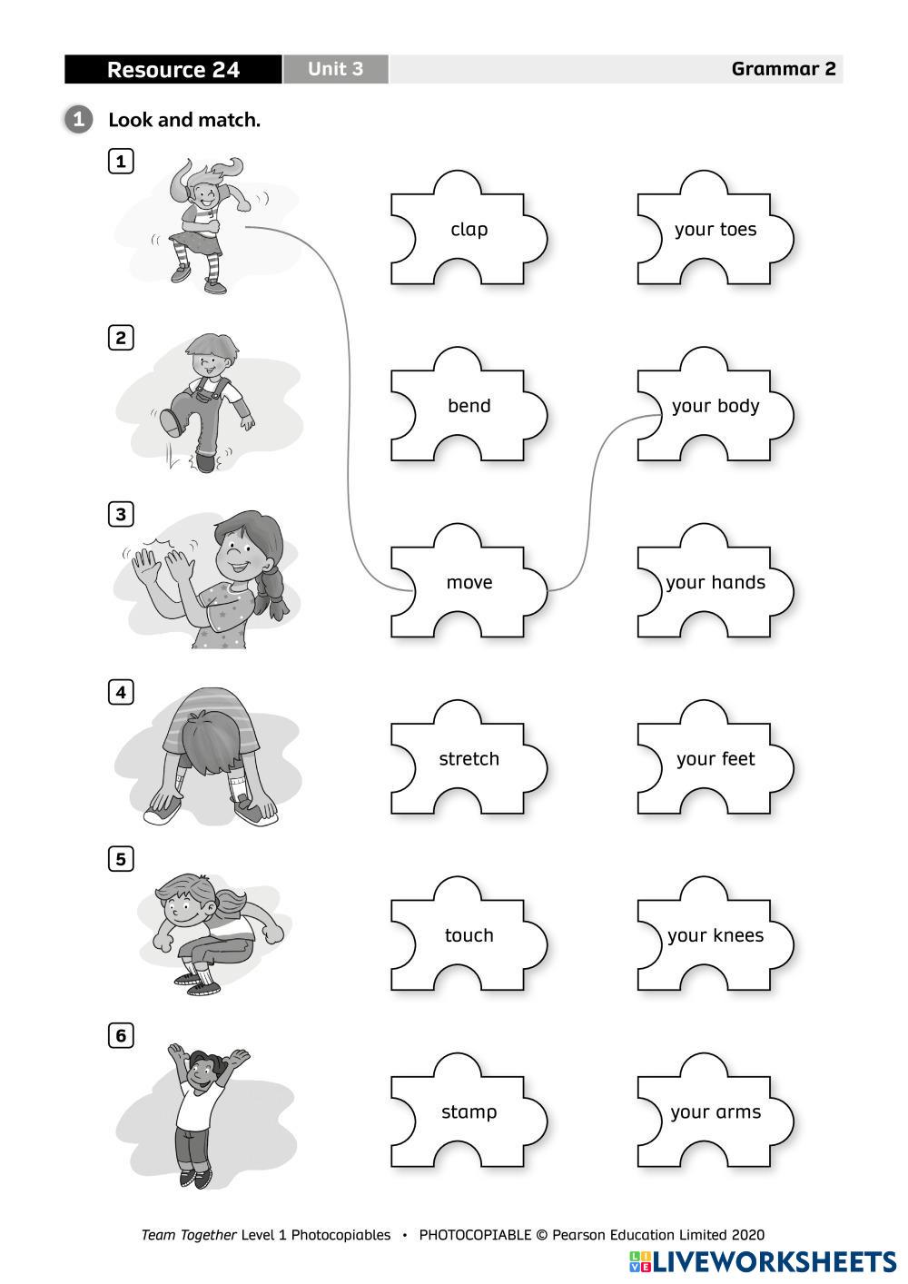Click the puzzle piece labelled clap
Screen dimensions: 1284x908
click(x=469, y=230)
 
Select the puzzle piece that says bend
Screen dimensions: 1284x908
click(x=469, y=406)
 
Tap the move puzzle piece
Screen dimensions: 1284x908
click(x=469, y=582)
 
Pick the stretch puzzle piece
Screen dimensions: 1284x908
click(x=469, y=759)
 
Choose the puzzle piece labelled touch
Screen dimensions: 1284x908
click(x=469, y=935)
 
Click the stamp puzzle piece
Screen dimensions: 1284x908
click(x=469, y=1111)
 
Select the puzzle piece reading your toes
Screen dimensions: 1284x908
click(x=715, y=230)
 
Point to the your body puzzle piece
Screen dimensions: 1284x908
click(x=715, y=406)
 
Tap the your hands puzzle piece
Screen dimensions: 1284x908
click(x=715, y=582)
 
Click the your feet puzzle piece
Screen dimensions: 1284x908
click(x=715, y=759)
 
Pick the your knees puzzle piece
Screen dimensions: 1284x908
click(x=715, y=935)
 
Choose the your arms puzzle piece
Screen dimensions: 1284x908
click(x=715, y=1111)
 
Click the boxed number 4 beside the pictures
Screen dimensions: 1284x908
click(x=121, y=692)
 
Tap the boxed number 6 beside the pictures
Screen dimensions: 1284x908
click(x=121, y=1035)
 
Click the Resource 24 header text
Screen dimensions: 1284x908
click(x=173, y=70)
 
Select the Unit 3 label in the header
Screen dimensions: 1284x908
click(x=335, y=69)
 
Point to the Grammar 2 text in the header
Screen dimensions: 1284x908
click(x=783, y=69)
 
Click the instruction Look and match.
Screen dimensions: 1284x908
click(x=183, y=120)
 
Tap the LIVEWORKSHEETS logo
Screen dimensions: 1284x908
click(x=762, y=1261)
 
